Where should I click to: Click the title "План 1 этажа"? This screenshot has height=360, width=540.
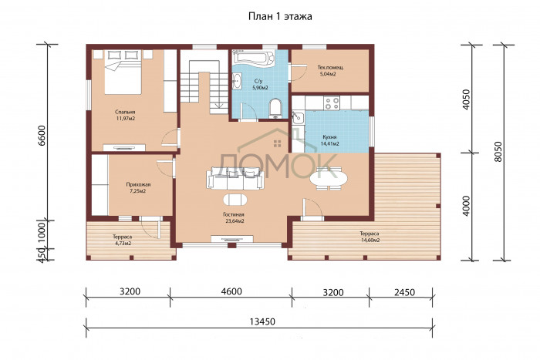(280, 16)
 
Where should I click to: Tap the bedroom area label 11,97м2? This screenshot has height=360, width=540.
(125, 119)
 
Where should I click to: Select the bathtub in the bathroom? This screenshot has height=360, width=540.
(253, 57)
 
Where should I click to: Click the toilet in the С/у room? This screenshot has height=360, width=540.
(275, 108)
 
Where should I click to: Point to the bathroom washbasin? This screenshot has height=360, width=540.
(237, 82)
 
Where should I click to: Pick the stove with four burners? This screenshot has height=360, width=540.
(332, 103)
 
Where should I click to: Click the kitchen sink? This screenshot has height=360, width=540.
(297, 117)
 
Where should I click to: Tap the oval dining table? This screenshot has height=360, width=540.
(328, 179)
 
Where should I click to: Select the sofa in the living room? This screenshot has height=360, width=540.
(235, 178)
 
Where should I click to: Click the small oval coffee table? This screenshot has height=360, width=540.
(235, 200)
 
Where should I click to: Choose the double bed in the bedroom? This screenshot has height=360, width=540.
(123, 72)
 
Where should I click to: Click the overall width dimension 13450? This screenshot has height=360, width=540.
(262, 321)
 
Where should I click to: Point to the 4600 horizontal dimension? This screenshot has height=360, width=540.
(231, 291)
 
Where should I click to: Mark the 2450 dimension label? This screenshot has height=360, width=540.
(404, 292)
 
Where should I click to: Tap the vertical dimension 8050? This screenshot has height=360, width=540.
(498, 152)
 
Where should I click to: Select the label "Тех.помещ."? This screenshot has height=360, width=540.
(331, 68)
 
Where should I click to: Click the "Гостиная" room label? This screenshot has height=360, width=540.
(234, 215)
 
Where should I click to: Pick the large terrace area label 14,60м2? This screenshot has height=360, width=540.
(370, 241)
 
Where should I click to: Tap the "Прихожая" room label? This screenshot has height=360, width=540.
(138, 184)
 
